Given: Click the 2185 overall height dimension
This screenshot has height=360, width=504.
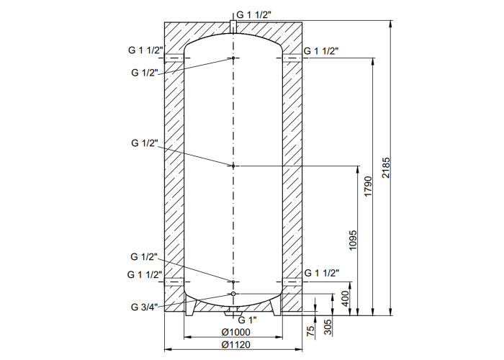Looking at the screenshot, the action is click(386, 168).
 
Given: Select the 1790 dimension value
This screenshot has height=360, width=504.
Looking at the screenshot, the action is click(368, 186).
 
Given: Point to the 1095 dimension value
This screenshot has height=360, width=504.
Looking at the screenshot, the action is click(353, 240).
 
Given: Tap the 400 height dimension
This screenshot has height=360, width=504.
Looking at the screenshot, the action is click(345, 298).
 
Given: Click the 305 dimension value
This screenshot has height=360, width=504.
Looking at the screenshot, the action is click(328, 327).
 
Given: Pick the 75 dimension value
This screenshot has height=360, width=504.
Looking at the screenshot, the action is click(310, 331).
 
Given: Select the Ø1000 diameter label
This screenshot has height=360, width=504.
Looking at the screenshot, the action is click(236, 333).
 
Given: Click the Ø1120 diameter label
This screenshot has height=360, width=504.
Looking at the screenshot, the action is click(236, 345).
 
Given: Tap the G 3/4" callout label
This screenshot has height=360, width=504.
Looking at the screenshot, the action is click(144, 307).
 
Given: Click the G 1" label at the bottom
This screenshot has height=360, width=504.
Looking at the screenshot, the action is click(248, 320).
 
